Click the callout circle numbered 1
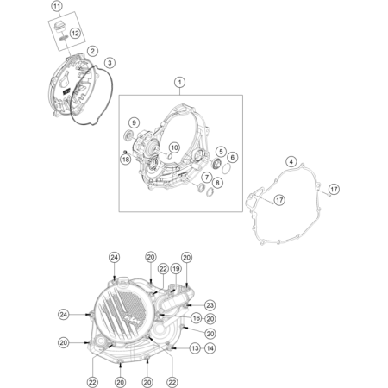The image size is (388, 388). point(180,83)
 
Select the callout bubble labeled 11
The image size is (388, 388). point(57,6)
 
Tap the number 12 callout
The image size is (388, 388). point(75,34)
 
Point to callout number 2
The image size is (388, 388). point(92,52)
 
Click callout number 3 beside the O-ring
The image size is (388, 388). point(110,62)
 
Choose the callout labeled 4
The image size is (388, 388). point(291,162)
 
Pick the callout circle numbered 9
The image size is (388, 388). point(134,123)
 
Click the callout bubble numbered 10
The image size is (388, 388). point(174,147)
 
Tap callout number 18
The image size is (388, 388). point(126,160)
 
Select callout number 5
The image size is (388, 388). point(221,152)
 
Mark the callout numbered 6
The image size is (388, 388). point(233,157)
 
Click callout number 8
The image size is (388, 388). point(217,183)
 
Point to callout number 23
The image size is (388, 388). point(210,305)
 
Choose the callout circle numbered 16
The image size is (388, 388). point(197,318)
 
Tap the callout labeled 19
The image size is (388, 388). point(176,269)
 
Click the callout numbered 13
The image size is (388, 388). point(195,348)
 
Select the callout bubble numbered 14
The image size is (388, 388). point(210,348)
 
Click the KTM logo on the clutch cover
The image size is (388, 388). point(131,319)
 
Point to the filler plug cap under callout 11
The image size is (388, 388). point(59,25)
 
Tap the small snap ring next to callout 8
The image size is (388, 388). point(210,192)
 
